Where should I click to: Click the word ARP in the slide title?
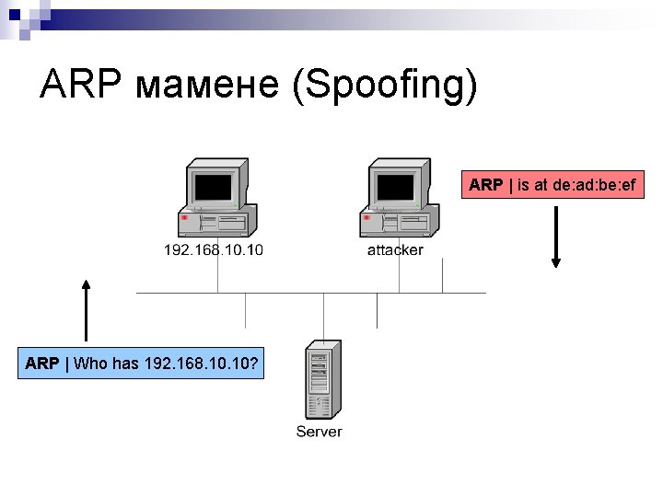[80, 86]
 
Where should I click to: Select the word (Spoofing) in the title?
[385, 86]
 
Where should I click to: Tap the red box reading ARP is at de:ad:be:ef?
[552, 185]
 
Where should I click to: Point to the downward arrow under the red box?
[555, 237]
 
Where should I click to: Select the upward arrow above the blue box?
[85, 311]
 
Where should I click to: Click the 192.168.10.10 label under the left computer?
[213, 250]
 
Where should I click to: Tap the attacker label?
[395, 250]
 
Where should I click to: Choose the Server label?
[319, 432]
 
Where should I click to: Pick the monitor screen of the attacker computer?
[396, 187]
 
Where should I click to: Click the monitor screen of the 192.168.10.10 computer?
[213, 187]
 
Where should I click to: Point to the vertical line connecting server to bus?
[322, 317]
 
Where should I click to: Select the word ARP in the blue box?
[42, 364]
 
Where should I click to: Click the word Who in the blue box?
[89, 364]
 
